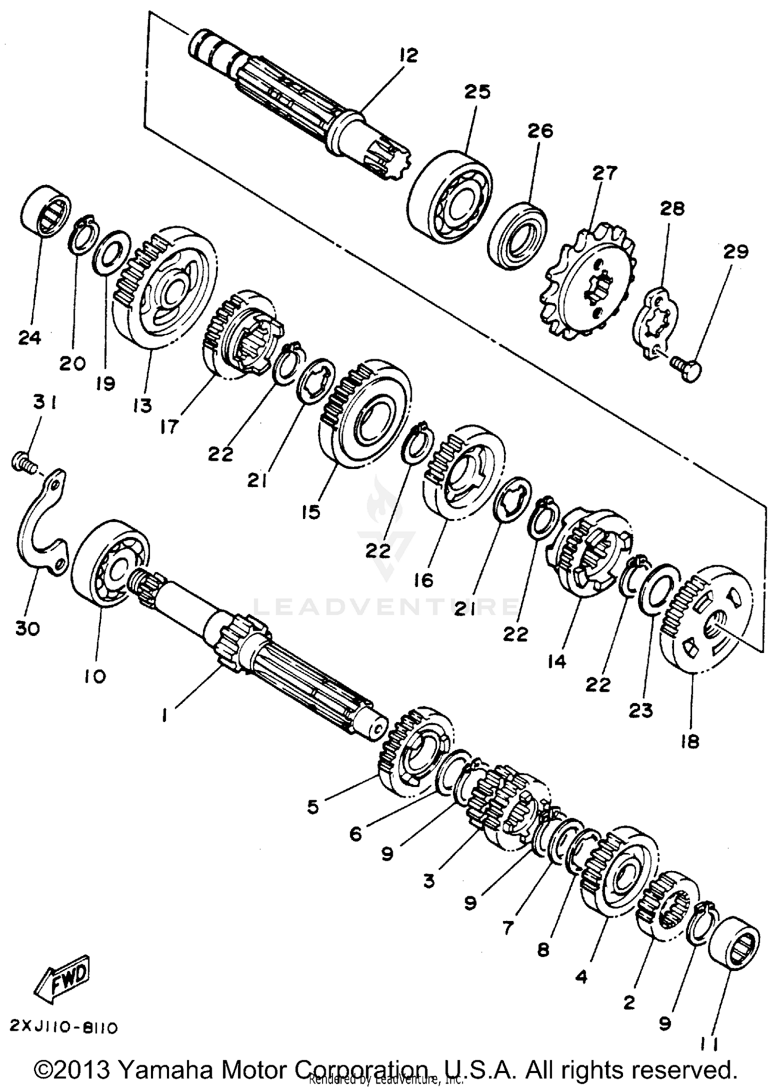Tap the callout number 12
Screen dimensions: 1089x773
pos(408,55)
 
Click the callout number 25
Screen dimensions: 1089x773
pos(477,92)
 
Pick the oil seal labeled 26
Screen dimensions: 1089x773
pos(518,236)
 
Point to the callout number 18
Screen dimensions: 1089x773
pos(690,742)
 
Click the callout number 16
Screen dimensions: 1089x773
pos(424,580)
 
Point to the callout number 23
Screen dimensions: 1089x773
pos(641,711)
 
